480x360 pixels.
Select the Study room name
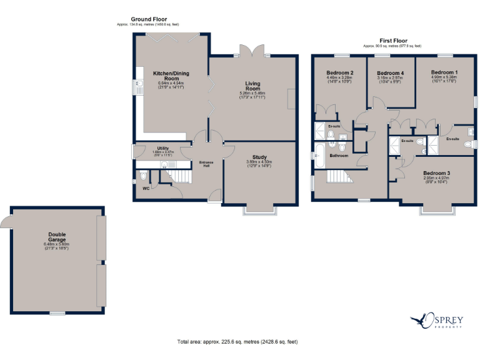point(259,157)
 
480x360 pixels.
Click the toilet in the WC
point(143,176)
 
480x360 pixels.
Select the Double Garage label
point(57,237)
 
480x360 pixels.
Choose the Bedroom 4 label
point(390,73)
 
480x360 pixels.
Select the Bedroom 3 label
point(436,172)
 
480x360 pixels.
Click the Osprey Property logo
point(437,321)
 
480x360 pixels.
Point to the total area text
point(237,342)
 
